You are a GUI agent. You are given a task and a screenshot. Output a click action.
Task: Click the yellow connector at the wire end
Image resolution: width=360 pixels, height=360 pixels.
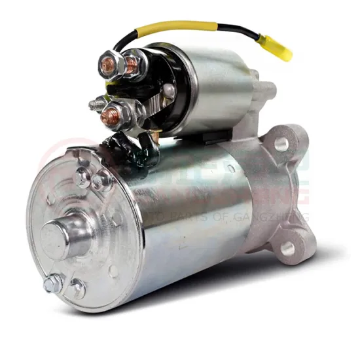(x=278, y=47)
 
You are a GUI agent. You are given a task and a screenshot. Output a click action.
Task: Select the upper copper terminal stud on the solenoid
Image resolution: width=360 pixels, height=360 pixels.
(x=131, y=63)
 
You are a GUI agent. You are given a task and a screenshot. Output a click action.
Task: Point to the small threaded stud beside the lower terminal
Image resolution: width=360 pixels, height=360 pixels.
(x=96, y=103)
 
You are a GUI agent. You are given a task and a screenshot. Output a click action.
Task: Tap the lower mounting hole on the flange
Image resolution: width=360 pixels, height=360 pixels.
(x=286, y=247)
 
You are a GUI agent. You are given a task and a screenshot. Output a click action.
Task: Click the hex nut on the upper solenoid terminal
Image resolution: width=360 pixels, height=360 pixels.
(x=111, y=63)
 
